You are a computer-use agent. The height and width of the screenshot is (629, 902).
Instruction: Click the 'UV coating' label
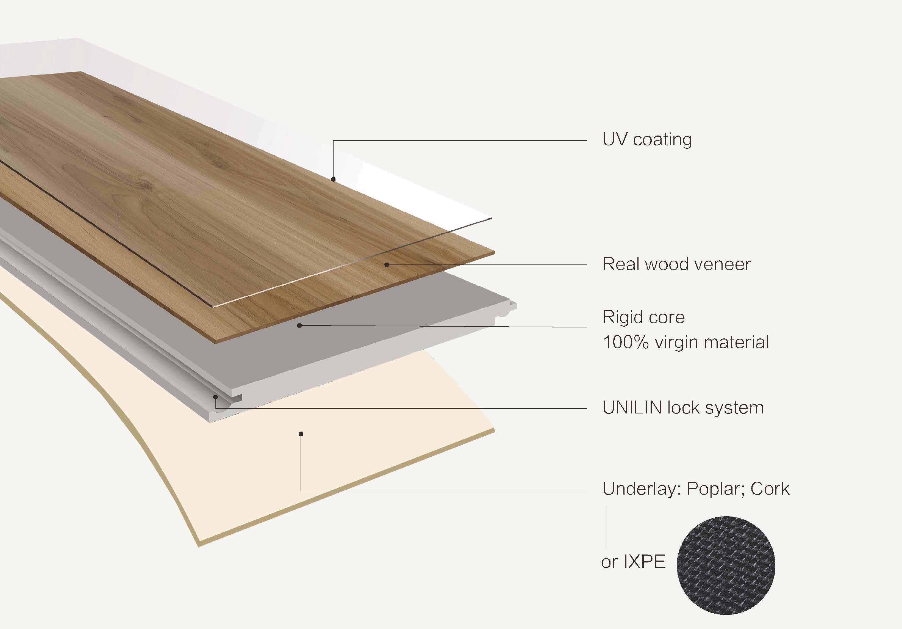[647, 140]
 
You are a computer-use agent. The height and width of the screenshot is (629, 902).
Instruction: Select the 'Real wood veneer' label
[676, 264]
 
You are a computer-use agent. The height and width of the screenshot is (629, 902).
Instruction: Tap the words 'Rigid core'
[643, 317]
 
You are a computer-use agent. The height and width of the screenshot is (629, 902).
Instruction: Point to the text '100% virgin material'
[685, 342]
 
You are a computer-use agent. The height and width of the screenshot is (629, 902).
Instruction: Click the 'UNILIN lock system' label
[683, 408]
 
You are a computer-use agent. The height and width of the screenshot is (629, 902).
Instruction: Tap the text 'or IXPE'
[633, 561]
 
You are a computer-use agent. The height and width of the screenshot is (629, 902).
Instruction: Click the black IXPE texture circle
[726, 565]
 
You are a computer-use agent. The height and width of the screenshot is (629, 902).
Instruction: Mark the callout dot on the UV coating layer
[333, 179]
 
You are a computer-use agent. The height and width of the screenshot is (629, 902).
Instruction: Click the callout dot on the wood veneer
[387, 264]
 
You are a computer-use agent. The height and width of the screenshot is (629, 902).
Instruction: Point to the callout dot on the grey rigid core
[299, 325]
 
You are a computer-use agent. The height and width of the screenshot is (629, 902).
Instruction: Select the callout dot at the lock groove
[216, 397]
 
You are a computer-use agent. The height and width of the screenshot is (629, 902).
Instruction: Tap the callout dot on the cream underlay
[301, 434]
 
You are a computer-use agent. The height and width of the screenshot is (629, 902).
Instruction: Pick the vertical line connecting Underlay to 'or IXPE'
[605, 528]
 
